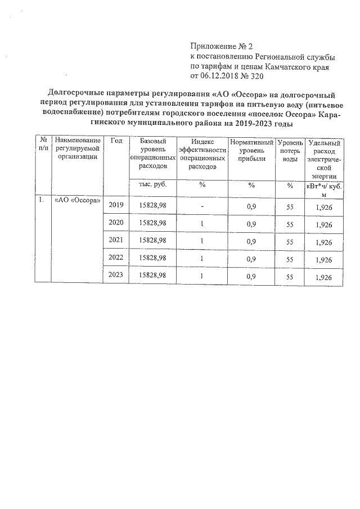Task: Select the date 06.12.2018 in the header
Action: click(220, 76)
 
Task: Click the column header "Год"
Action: click(116, 141)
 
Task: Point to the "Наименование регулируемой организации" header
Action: click(78, 149)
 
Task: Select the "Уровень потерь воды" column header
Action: click(290, 152)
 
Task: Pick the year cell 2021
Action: click(116, 242)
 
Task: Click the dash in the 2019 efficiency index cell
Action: click(201, 206)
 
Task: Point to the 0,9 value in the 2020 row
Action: click(251, 224)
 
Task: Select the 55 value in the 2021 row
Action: click(290, 242)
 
